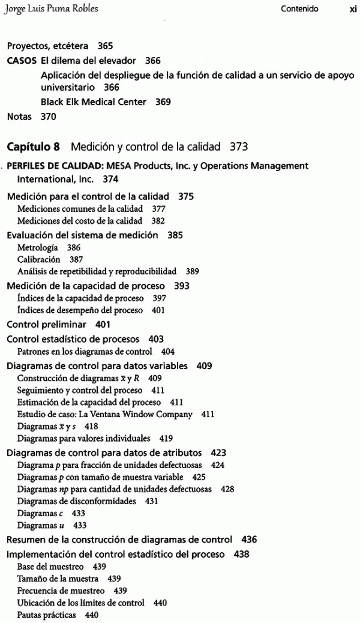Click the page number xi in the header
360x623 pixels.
353,9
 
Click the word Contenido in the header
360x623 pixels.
299,9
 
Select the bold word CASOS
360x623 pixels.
22,61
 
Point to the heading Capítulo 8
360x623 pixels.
35,146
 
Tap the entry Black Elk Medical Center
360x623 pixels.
94,102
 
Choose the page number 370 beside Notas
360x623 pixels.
48,116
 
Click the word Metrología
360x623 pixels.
38,247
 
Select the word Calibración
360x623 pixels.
39,259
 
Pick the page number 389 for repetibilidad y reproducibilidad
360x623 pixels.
193,271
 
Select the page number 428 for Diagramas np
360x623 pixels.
227,489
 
